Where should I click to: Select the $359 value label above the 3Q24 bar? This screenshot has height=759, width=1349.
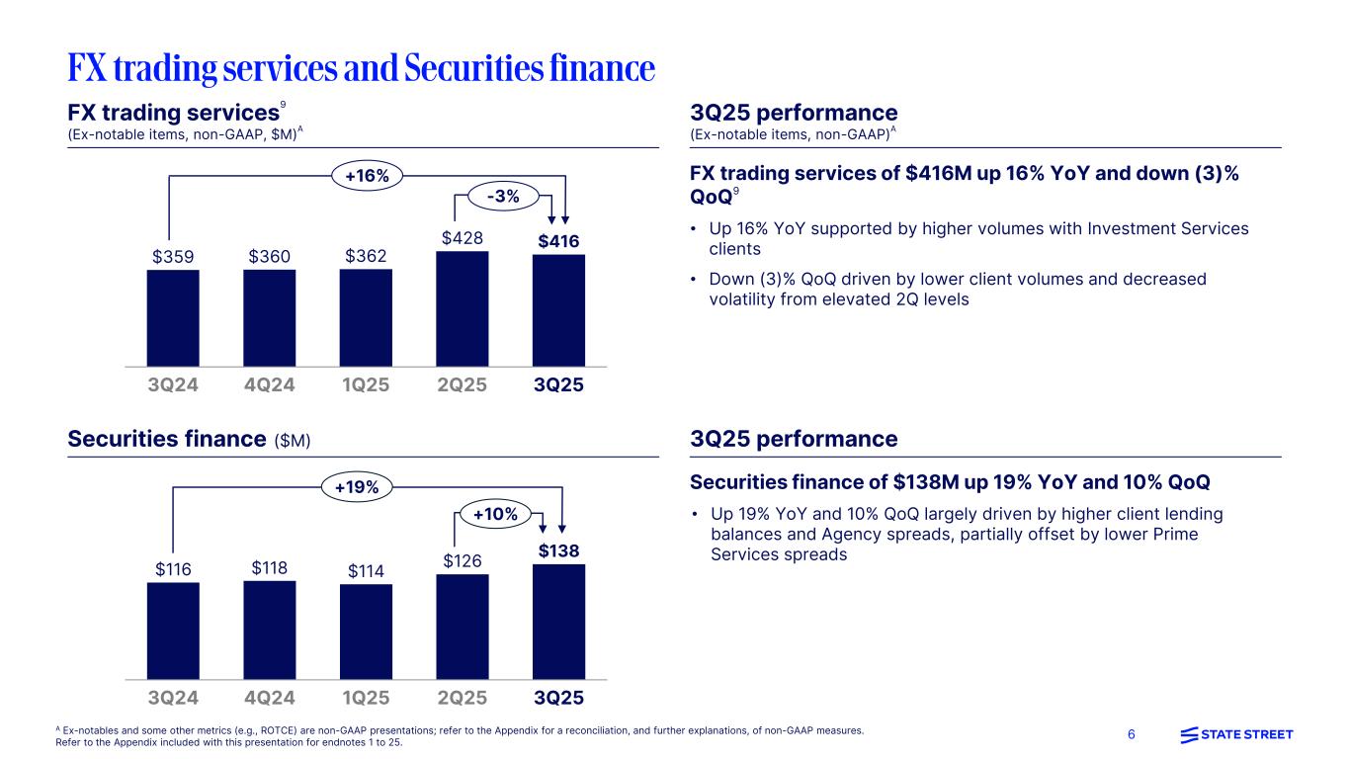click(173, 256)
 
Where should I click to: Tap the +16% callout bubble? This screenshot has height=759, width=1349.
click(367, 176)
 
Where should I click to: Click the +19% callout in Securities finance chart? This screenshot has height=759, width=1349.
click(358, 486)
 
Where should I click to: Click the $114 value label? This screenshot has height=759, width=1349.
click(366, 570)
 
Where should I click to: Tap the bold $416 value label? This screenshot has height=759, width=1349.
click(558, 241)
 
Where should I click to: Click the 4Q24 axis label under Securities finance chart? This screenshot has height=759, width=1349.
click(269, 698)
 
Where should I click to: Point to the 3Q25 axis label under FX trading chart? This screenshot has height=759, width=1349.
click(558, 385)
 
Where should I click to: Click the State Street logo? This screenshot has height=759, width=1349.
click(1236, 734)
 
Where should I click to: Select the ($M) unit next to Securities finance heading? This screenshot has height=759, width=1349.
click(293, 440)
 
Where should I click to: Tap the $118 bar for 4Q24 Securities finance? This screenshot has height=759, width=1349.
click(269, 630)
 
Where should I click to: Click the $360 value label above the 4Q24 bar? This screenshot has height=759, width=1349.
click(269, 256)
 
